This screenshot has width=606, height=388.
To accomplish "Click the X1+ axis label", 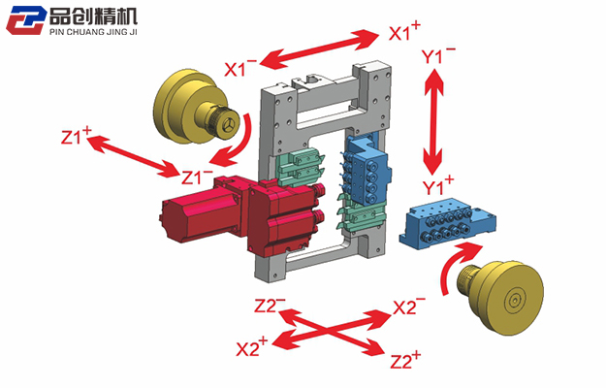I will [404, 32].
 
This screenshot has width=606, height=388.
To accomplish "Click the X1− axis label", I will [240, 68].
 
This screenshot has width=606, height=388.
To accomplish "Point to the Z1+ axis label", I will [76, 137].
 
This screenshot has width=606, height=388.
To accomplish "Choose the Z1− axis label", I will [198, 177].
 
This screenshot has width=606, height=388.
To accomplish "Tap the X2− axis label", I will [409, 307].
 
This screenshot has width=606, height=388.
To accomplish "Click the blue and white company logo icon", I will [26, 19].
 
